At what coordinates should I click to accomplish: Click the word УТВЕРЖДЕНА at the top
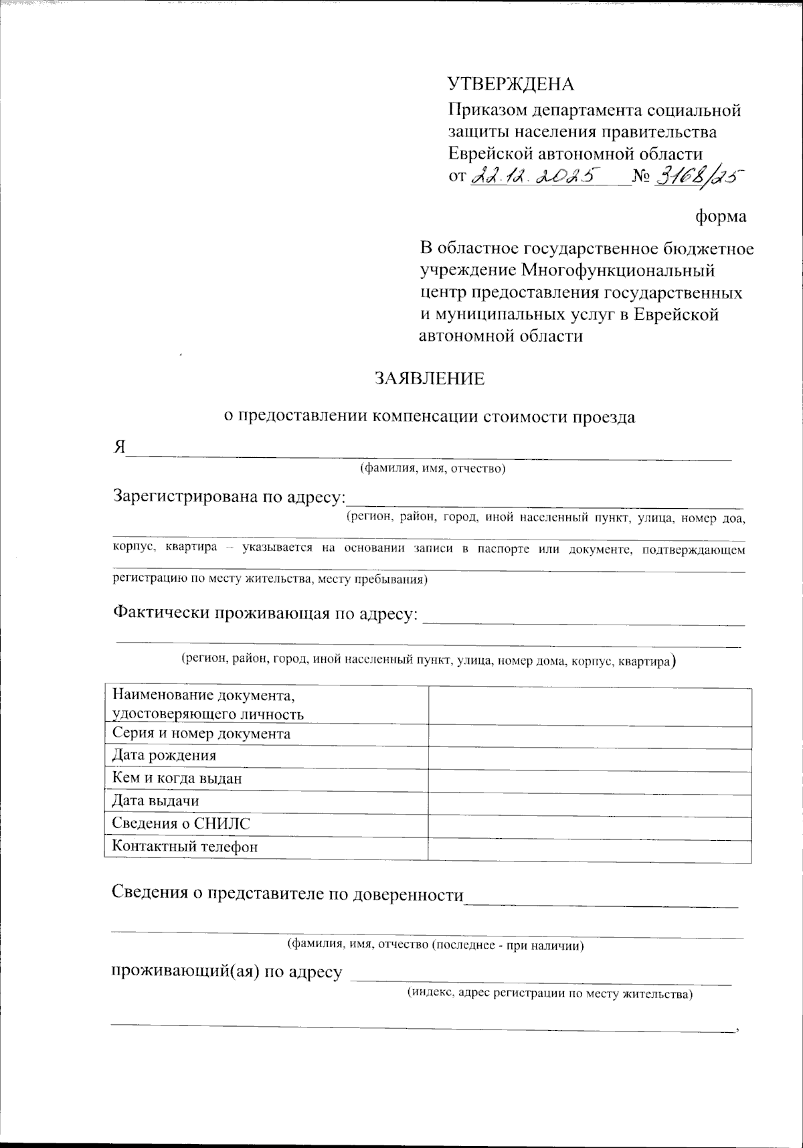[x=511, y=84]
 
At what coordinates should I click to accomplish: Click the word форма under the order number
[x=721, y=217]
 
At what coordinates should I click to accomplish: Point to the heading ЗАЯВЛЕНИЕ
[x=429, y=379]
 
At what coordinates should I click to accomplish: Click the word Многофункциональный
[x=618, y=271]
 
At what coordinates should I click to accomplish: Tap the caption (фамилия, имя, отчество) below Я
[x=432, y=469]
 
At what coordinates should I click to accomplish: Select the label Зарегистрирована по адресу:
[x=230, y=497]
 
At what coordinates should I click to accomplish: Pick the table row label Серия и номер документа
[x=201, y=734]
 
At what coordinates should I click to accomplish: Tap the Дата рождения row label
[x=164, y=756]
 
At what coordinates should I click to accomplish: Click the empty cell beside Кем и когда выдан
[x=589, y=778]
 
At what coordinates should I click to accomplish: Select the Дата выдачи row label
[x=155, y=801]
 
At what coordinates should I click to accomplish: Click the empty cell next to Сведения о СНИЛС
[x=589, y=824]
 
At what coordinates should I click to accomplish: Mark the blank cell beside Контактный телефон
[x=589, y=847]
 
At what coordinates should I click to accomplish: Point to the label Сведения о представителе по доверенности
[x=287, y=894]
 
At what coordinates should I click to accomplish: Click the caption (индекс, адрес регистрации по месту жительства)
[x=550, y=994]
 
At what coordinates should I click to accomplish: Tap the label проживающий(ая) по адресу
[x=226, y=972]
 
